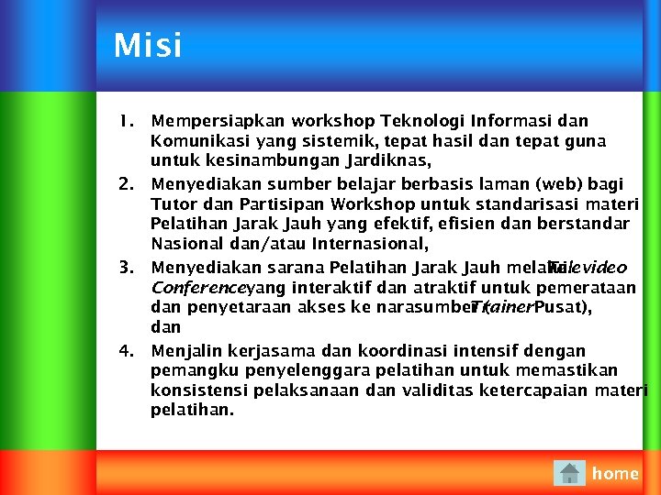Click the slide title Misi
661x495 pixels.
coord(148,46)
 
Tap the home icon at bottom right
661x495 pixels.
coord(569,473)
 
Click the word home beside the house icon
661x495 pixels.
coord(615,473)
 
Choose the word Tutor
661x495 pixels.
coord(172,203)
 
